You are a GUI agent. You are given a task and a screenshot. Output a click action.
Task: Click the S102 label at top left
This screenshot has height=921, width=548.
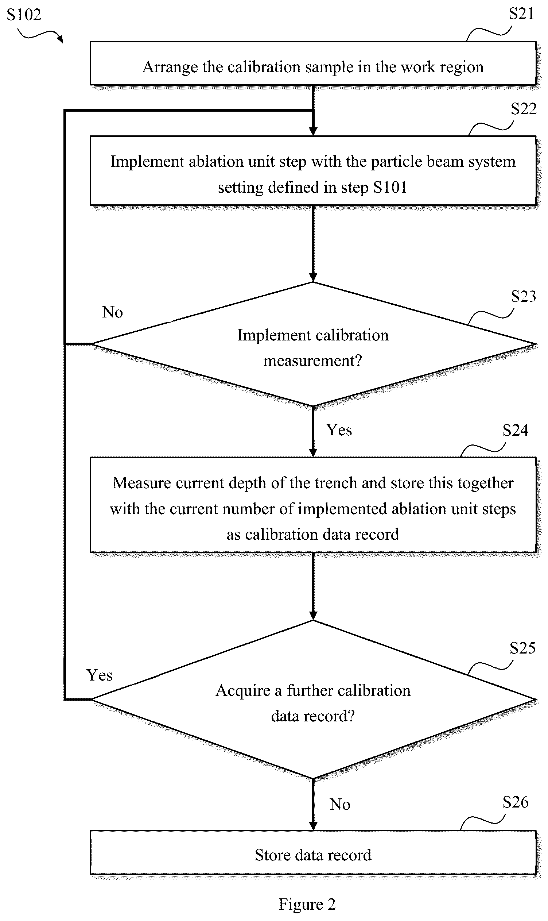pyautogui.click(x=24, y=15)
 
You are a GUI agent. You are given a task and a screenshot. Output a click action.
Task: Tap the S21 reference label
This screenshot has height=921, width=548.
pyautogui.click(x=521, y=14)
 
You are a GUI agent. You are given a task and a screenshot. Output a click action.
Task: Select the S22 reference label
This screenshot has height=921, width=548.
pyautogui.click(x=523, y=109)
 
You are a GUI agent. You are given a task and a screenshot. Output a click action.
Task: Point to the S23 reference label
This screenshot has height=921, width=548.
pyautogui.click(x=523, y=296)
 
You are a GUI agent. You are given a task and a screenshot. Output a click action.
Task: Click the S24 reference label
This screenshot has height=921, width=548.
pyautogui.click(x=516, y=430)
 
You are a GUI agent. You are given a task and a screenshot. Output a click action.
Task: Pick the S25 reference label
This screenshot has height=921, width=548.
pyautogui.click(x=522, y=648)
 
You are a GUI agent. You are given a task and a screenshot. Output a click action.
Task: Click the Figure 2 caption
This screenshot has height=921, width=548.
pyautogui.click(x=307, y=904)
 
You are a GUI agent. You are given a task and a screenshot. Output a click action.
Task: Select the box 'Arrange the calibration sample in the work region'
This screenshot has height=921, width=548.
pyautogui.click(x=313, y=63)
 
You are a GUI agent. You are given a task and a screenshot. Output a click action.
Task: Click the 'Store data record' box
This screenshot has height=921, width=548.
pyautogui.click(x=313, y=853)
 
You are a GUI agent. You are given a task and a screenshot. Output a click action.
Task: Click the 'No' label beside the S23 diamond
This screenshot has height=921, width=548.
pyautogui.click(x=112, y=312)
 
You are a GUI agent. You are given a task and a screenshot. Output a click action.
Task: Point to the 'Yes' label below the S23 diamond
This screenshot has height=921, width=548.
pyautogui.click(x=339, y=430)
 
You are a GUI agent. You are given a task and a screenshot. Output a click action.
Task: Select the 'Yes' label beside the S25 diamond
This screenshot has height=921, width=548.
pyautogui.click(x=99, y=675)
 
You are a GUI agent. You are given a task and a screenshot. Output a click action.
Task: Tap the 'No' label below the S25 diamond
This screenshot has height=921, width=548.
pyautogui.click(x=340, y=805)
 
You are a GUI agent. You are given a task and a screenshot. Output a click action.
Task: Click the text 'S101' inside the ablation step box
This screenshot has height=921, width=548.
pyautogui.click(x=390, y=188)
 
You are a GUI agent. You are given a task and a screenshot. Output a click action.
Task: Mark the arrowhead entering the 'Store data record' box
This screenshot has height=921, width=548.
pyautogui.click(x=313, y=827)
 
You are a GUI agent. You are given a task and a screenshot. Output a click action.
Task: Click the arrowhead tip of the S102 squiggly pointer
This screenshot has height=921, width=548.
pyautogui.click(x=63, y=43)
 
